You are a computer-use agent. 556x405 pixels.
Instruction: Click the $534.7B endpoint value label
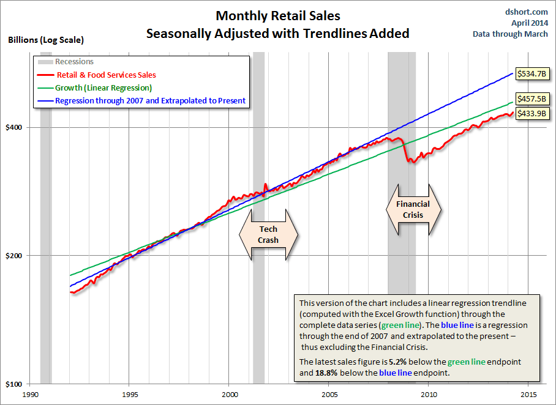(x=532, y=73)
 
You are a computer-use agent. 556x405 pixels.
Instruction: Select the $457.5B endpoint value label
(x=532, y=98)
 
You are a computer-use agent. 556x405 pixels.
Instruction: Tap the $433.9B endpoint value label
(x=532, y=113)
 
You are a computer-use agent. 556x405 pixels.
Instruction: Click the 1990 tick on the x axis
(x=30, y=395)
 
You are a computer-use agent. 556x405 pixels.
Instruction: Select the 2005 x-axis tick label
(x=329, y=395)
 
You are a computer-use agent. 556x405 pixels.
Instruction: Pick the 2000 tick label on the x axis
(x=230, y=395)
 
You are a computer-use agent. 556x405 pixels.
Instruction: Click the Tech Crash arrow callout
(x=268, y=234)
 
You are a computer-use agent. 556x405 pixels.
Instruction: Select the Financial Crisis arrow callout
(x=413, y=209)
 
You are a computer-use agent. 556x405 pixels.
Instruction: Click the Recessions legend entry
(x=74, y=62)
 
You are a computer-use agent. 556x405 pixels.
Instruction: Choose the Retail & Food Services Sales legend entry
(x=105, y=75)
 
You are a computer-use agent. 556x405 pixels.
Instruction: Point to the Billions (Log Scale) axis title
(x=46, y=40)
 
